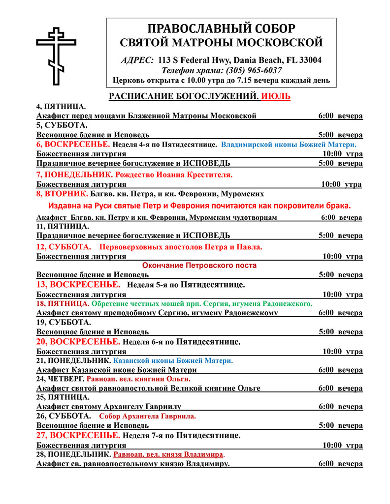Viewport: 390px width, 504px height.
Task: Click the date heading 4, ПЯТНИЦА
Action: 61,106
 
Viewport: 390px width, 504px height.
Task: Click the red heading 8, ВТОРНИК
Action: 62,193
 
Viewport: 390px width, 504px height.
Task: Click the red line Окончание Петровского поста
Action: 199,266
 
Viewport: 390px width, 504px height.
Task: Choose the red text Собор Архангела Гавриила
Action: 147,416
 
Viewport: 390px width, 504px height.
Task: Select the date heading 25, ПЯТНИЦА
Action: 63,397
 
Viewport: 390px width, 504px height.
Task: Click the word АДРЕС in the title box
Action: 137,60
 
